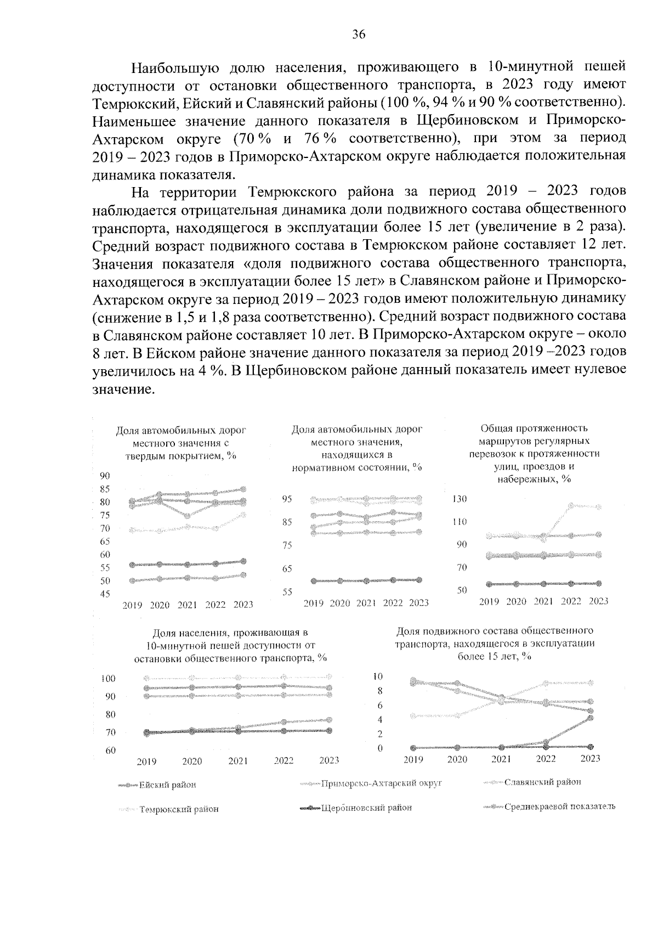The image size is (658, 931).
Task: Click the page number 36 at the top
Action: [x=359, y=35]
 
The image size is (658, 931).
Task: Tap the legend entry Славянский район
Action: [x=542, y=782]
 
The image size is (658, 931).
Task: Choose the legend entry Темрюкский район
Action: [x=179, y=809]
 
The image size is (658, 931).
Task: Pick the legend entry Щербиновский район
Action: [x=366, y=808]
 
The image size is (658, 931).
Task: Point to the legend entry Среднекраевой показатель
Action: [x=559, y=806]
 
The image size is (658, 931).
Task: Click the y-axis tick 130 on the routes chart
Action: [x=459, y=499]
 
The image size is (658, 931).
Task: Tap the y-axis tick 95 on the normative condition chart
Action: [x=287, y=499]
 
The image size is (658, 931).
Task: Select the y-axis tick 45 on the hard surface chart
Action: [x=104, y=594]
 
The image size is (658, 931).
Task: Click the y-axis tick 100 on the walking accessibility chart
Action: [x=108, y=679]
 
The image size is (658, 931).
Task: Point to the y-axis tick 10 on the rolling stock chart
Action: [x=378, y=676]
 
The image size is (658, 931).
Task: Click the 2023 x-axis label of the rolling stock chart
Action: [x=590, y=759]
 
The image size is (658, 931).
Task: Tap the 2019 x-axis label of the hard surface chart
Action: [x=132, y=605]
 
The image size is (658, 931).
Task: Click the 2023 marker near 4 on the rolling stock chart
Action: [x=590, y=718]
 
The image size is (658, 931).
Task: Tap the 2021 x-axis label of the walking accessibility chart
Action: [x=238, y=761]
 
